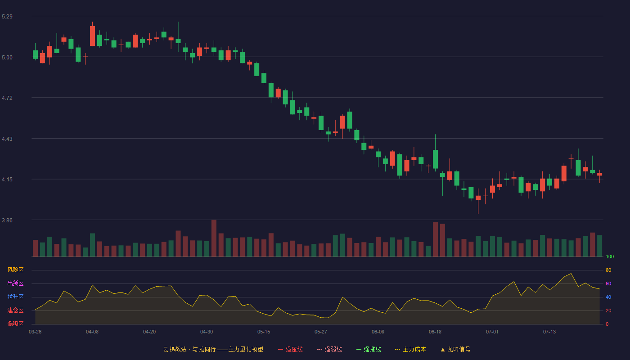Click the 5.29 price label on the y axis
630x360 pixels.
click(7, 17)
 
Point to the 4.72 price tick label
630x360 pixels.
click(7, 98)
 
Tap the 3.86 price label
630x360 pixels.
click(7, 220)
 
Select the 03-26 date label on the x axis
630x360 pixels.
click(35, 332)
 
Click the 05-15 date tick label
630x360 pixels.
click(264, 332)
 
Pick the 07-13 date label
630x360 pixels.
click(549, 332)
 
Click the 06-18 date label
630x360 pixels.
click(435, 332)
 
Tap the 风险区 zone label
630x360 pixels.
click(15, 270)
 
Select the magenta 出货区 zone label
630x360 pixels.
click(15, 283)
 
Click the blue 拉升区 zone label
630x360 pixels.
click(15, 297)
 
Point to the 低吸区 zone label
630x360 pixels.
click(15, 324)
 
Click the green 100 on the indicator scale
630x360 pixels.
click(610, 256)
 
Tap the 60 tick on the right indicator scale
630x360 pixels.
click(608, 283)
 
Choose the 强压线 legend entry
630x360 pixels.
click(290, 349)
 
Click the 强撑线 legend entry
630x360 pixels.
click(369, 349)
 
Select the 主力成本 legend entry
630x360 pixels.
click(410, 349)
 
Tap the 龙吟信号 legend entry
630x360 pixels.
click(455, 349)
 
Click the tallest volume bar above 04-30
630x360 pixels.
click(214, 238)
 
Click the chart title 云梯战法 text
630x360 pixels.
click(175, 349)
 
